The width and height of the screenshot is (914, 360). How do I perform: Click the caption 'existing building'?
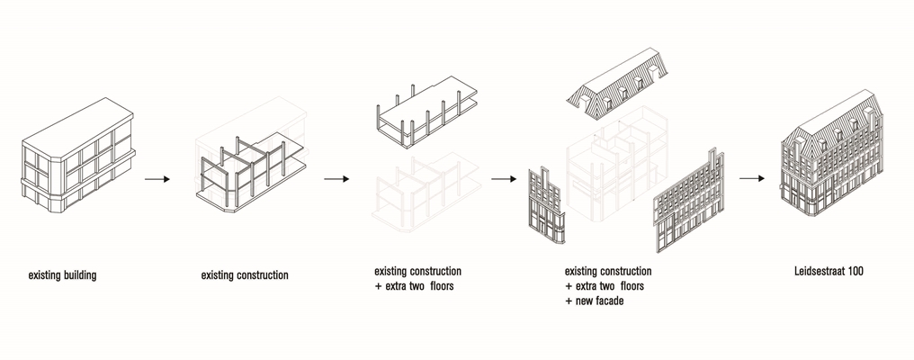[62, 275]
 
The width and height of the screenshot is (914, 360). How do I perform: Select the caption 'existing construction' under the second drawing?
[245, 275]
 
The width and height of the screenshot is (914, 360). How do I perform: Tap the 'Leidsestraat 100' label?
[829, 270]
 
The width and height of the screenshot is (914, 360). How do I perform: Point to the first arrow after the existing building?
[157, 179]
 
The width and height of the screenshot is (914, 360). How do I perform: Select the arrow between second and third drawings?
[336, 179]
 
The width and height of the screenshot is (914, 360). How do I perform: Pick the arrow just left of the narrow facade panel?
[503, 179]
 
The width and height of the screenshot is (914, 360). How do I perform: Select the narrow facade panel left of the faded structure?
[543, 205]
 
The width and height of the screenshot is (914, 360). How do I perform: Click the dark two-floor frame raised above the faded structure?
[423, 112]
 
